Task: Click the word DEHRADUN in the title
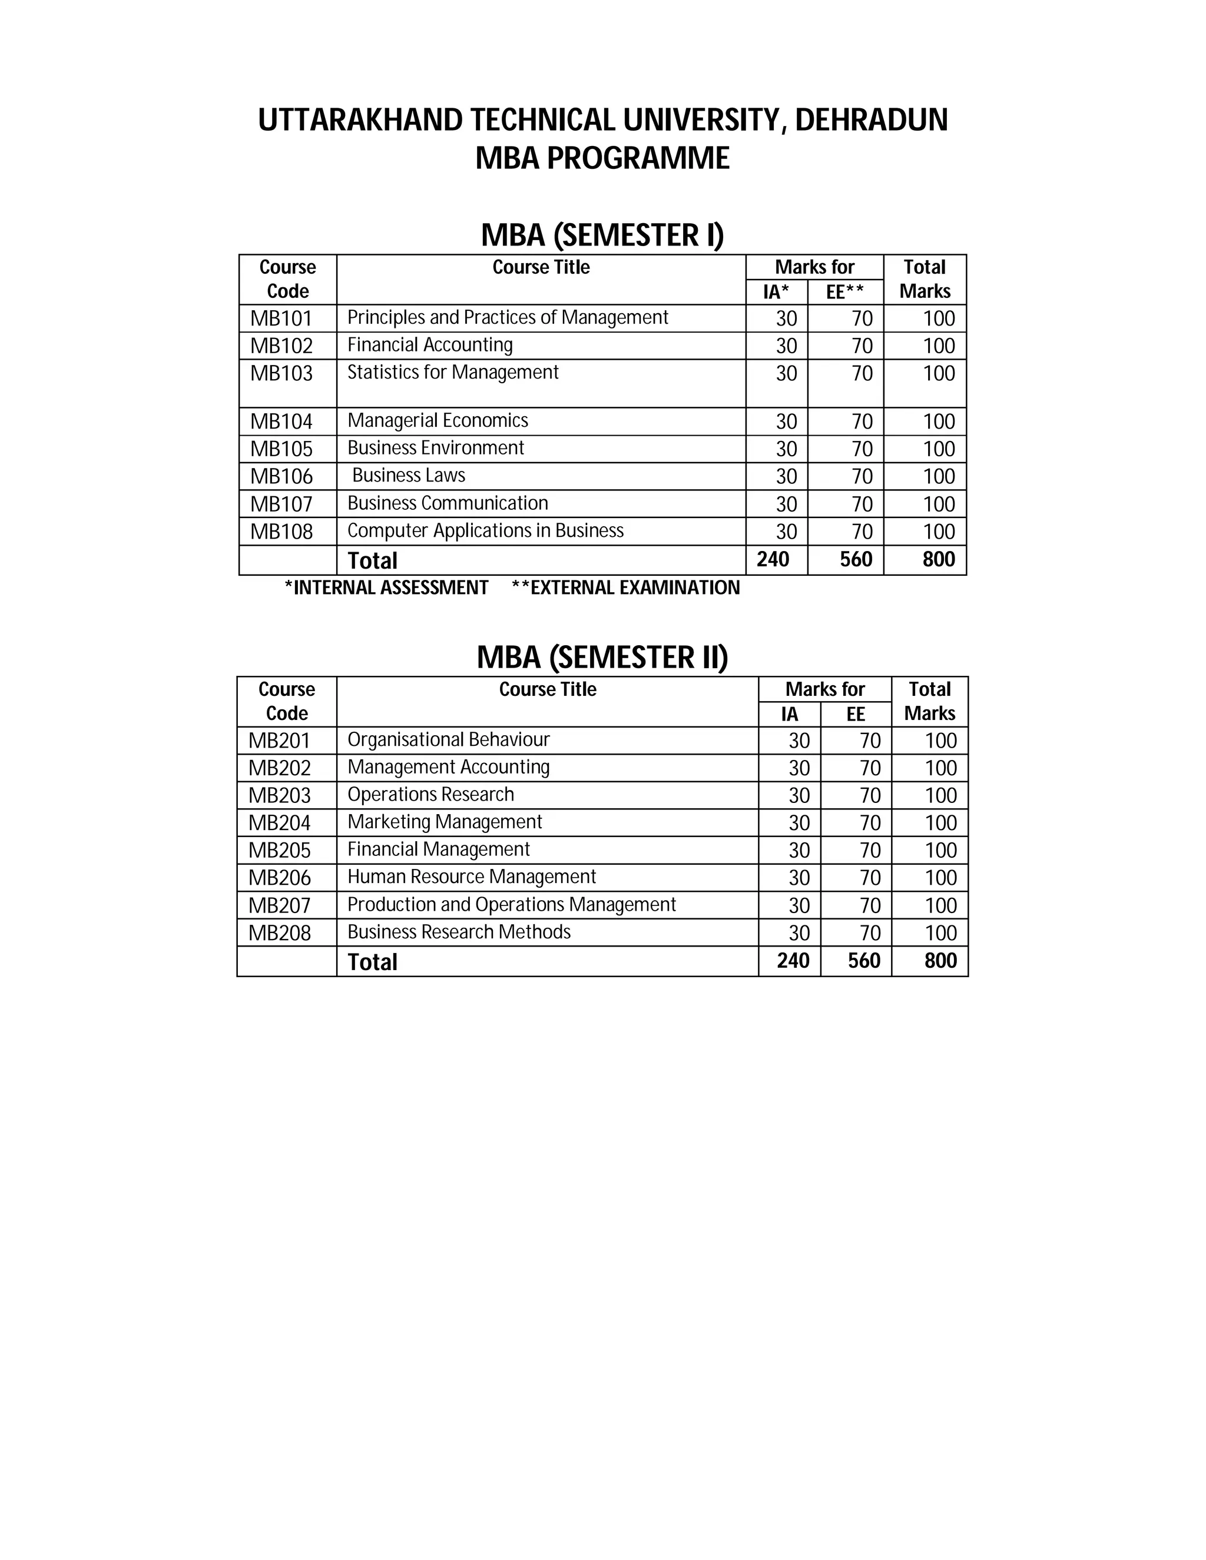coord(871,120)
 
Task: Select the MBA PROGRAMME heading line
coord(602,158)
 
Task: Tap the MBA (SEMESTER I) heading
coord(602,235)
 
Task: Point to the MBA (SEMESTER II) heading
coord(602,657)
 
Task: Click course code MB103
coord(281,373)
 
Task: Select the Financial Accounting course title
coord(430,345)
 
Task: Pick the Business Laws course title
coord(409,475)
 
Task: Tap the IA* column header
coord(776,291)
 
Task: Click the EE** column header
coord(844,291)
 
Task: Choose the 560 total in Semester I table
coord(856,559)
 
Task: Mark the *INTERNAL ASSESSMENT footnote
coord(386,588)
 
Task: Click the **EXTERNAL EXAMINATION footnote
coord(626,588)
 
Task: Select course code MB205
coord(279,850)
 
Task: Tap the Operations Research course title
coord(431,794)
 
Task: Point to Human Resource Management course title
coord(472,877)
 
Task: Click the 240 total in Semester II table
coord(793,961)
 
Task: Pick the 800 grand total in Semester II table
coord(940,961)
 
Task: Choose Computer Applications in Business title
coord(485,531)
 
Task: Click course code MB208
coord(279,933)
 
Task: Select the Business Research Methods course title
coord(459,932)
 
